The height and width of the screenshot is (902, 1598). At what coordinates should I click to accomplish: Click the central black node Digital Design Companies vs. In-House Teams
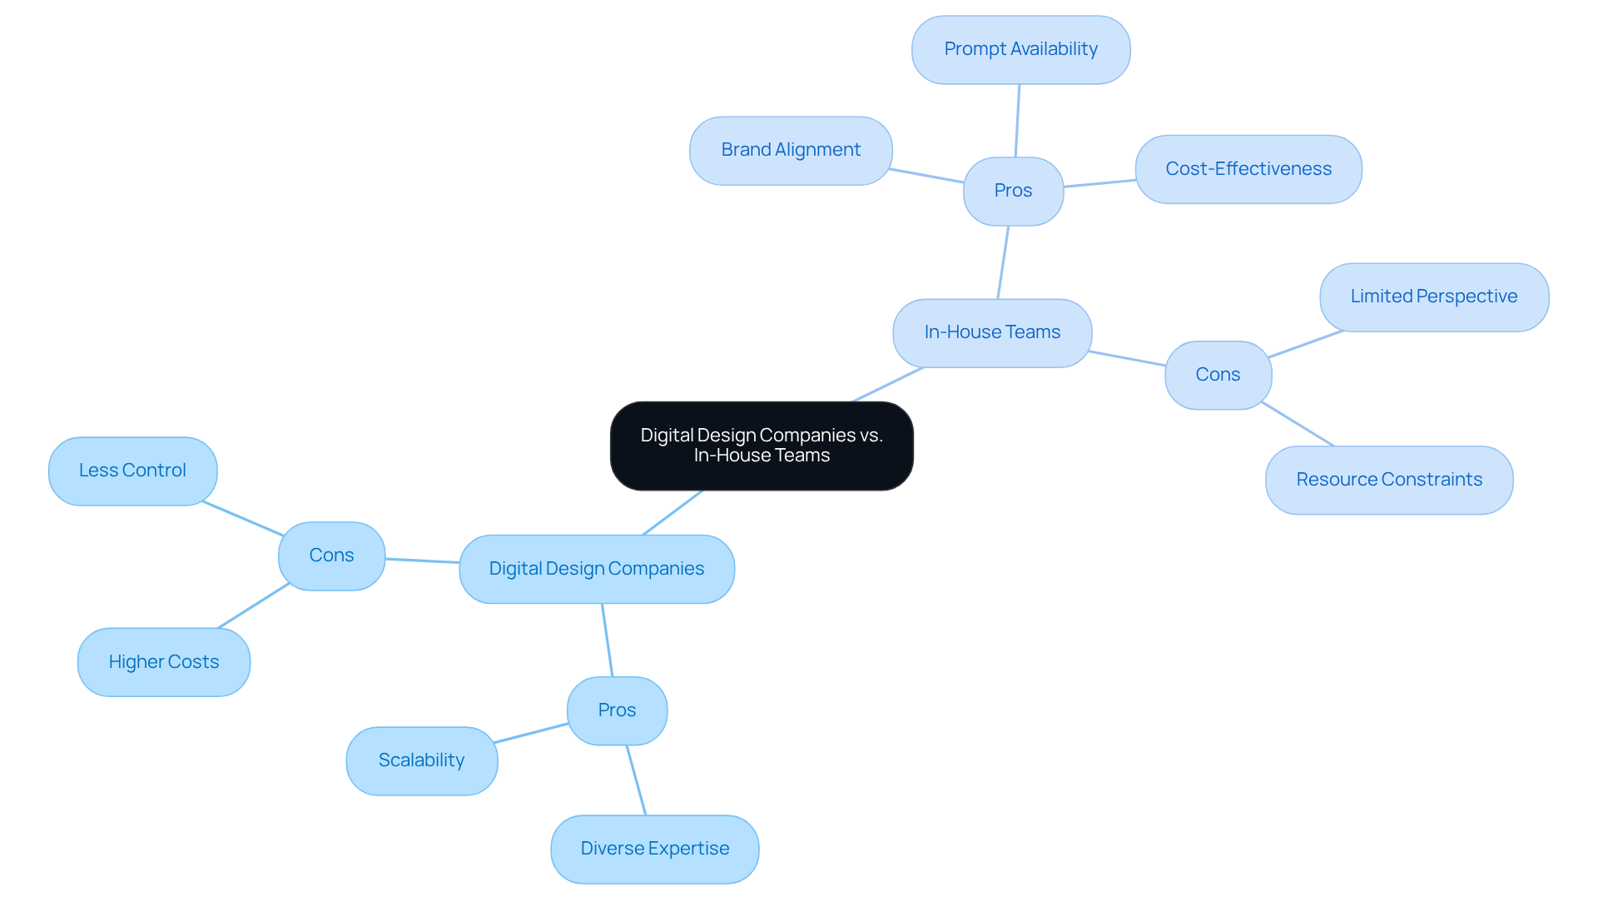tap(762, 446)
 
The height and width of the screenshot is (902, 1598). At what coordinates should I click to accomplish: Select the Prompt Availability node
tap(1020, 50)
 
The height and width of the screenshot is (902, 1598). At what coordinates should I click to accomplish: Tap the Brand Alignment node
tap(791, 151)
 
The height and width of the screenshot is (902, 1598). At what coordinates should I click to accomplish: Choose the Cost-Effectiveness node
tap(1248, 169)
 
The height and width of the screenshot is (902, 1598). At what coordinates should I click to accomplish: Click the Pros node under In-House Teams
tap(1013, 191)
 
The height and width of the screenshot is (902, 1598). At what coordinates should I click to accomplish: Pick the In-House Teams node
tap(992, 333)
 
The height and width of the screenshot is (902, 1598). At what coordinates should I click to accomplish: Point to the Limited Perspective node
tap(1433, 297)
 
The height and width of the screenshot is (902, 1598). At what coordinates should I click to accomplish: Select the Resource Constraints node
tap(1388, 480)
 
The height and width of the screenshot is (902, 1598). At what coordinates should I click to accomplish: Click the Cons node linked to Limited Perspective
tap(1218, 375)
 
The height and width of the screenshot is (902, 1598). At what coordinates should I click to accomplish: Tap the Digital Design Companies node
tap(596, 569)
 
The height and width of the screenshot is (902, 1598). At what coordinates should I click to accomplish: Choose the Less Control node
tap(132, 471)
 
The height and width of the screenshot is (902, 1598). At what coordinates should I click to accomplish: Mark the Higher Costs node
tap(164, 662)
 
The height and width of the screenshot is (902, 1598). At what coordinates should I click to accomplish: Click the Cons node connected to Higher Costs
tap(331, 556)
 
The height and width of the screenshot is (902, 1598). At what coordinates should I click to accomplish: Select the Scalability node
tap(421, 760)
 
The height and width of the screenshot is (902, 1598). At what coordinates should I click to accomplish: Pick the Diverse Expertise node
tap(654, 849)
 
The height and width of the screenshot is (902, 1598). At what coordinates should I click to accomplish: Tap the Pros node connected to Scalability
tap(617, 710)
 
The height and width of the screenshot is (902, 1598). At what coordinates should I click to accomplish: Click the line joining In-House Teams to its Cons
tap(1128, 358)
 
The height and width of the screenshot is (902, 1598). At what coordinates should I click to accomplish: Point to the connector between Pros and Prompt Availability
tap(1017, 121)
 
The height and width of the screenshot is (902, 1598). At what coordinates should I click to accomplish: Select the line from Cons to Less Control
tap(243, 518)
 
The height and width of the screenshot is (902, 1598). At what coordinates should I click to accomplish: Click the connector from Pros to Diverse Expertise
tap(636, 780)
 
